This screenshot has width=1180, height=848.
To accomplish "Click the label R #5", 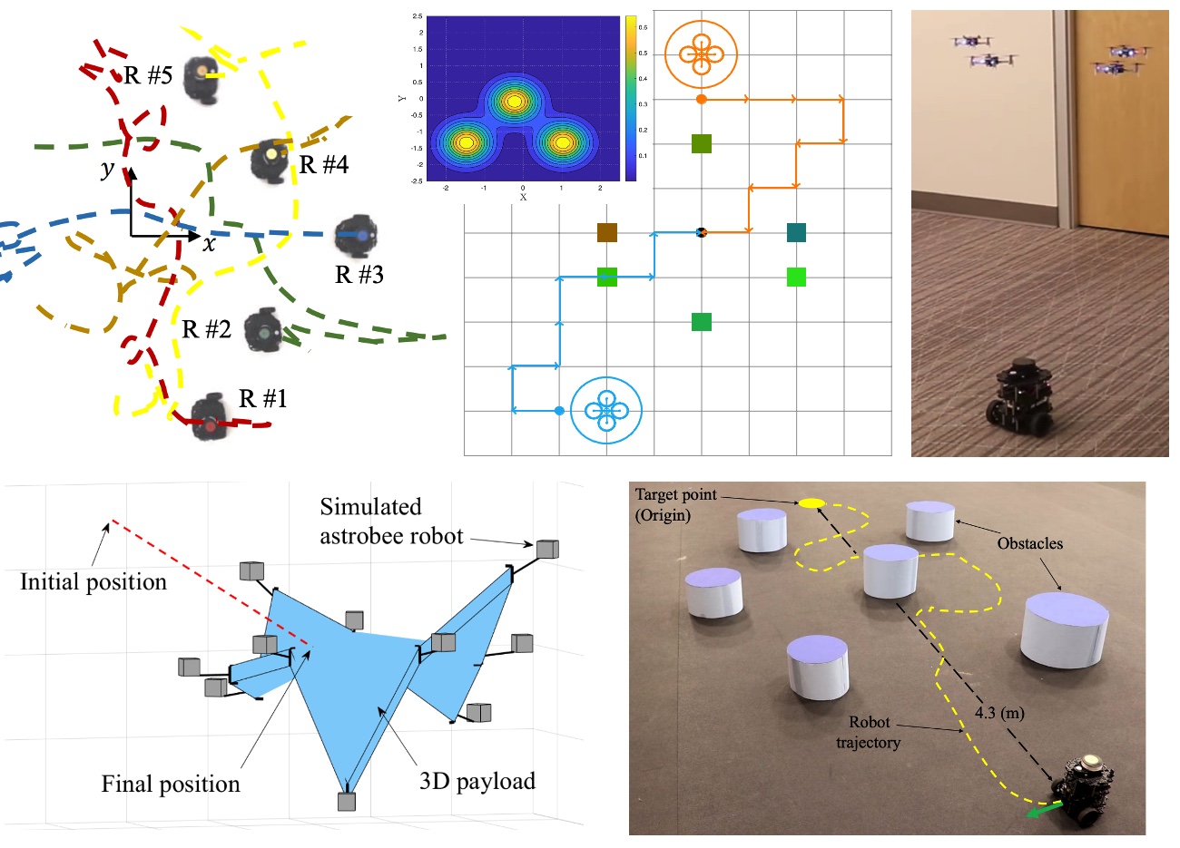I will pyautogui.click(x=148, y=75).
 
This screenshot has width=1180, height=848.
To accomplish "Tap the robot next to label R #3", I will pyautogui.click(x=357, y=236).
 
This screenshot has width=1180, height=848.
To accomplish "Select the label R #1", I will pyautogui.click(x=263, y=398).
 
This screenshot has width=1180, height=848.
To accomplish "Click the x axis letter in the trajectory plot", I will pyautogui.click(x=210, y=243).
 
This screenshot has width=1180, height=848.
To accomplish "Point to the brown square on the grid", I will pyautogui.click(x=607, y=233).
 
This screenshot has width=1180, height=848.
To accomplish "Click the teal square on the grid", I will pyautogui.click(x=796, y=233).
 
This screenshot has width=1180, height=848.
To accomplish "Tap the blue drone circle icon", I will pyautogui.click(x=606, y=411).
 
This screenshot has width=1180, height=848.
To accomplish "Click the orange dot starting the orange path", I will pyautogui.click(x=701, y=99).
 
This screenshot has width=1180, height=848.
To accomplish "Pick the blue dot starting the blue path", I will pyautogui.click(x=559, y=411).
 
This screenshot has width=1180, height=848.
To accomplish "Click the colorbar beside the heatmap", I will pyautogui.click(x=631, y=98).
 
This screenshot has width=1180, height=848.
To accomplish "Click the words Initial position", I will pyautogui.click(x=93, y=581).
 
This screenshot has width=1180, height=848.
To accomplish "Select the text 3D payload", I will pyautogui.click(x=477, y=781).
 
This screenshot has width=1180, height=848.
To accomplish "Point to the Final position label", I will pyautogui.click(x=171, y=784).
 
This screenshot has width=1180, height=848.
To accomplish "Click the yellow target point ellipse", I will pyautogui.click(x=811, y=503).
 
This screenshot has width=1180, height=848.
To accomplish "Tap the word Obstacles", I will pyautogui.click(x=1029, y=543).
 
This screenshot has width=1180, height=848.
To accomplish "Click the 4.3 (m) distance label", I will pyautogui.click(x=999, y=713).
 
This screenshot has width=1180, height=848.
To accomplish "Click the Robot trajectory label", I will pyautogui.click(x=869, y=732).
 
